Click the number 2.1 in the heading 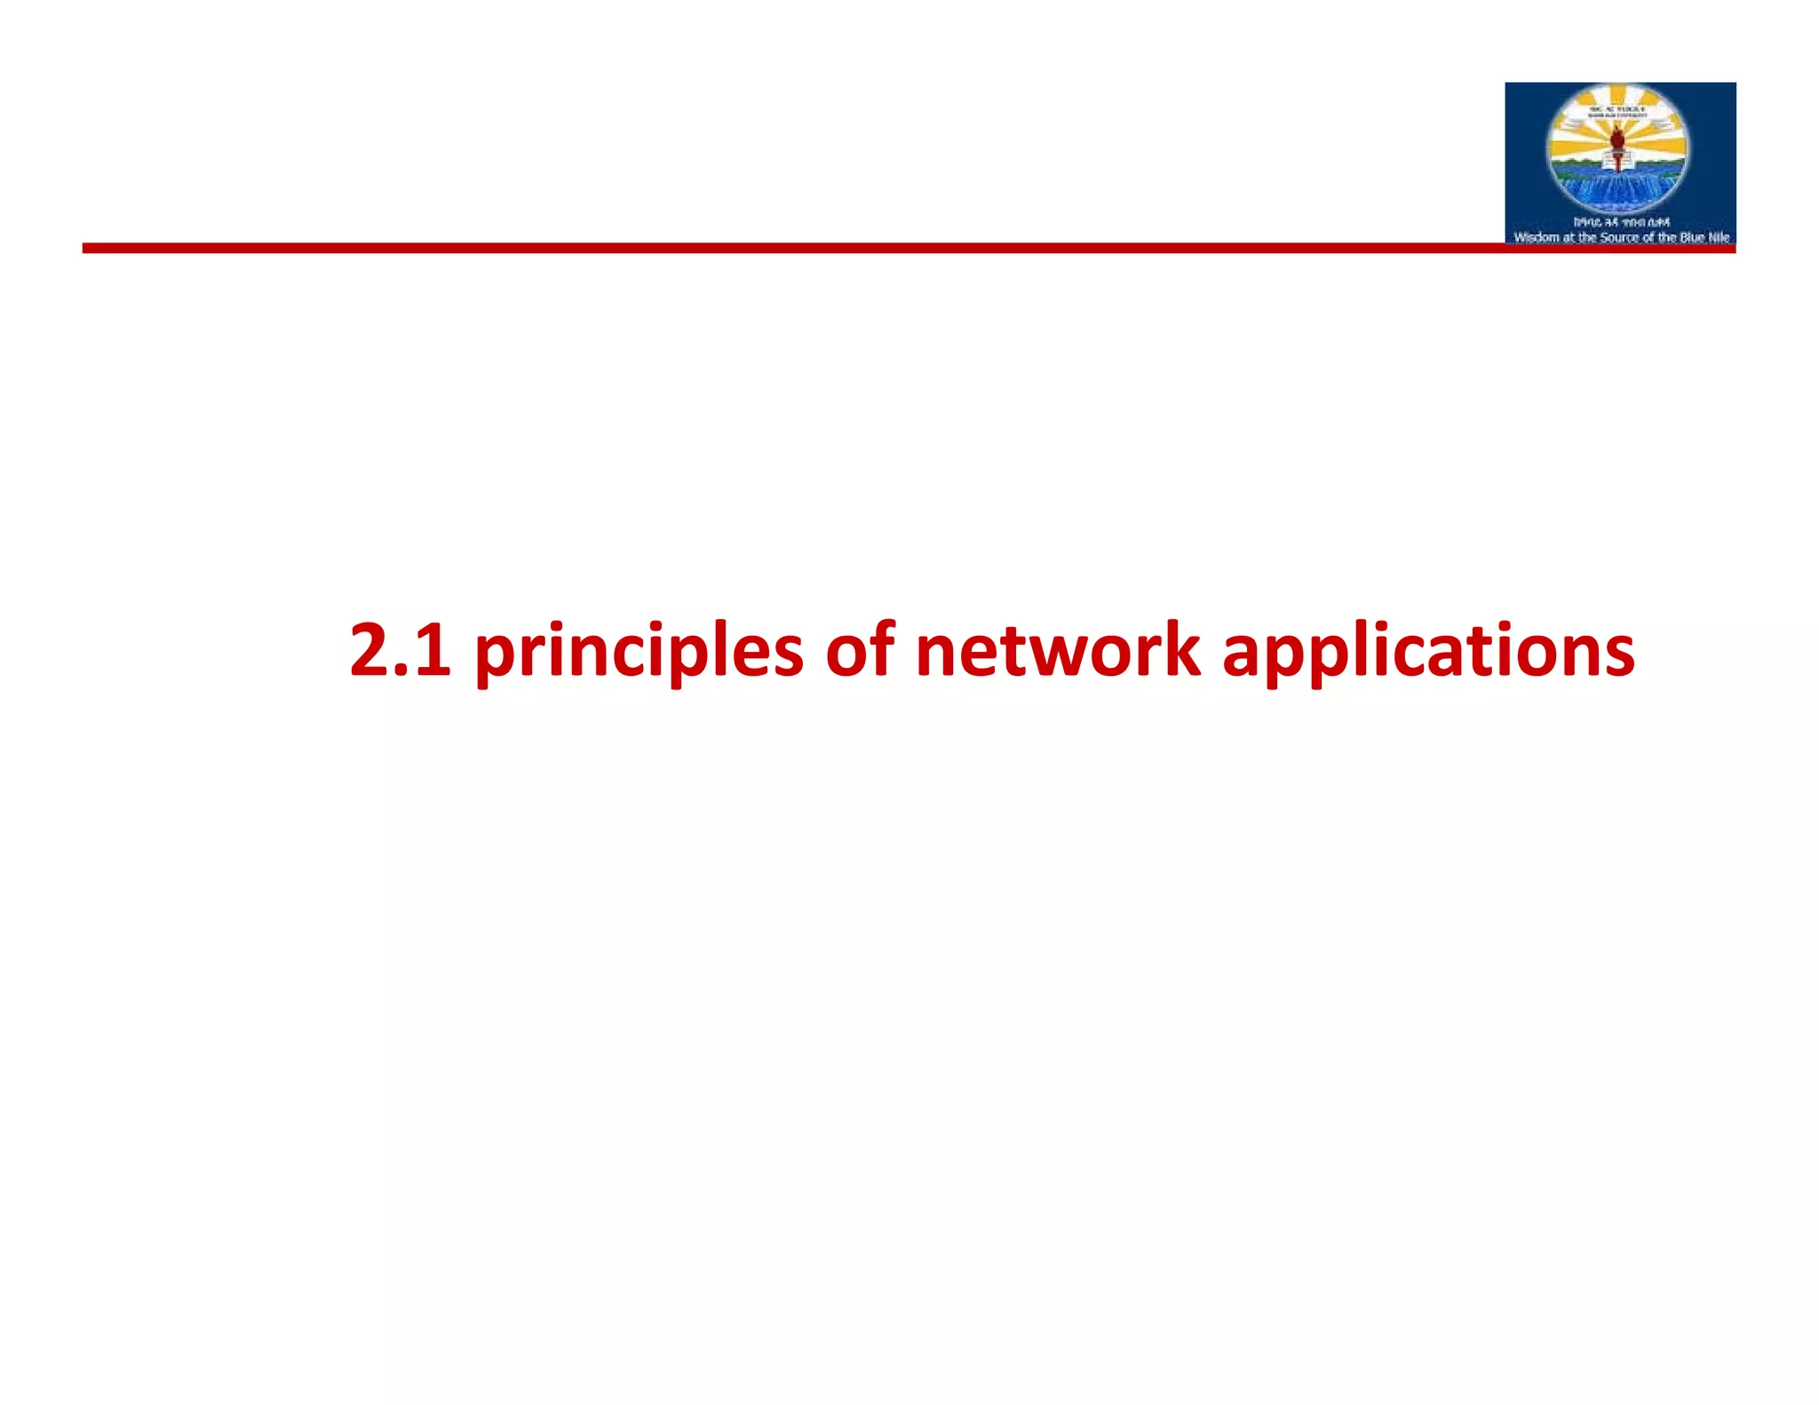pos(400,649)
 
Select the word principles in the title pos(639,651)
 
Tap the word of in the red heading pos(859,649)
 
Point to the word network pos(1057,649)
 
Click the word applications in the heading pos(1428,651)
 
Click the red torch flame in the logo pos(1618,139)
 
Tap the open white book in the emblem pos(1618,161)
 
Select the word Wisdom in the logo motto pos(1536,237)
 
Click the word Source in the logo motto pos(1619,237)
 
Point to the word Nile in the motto pos(1719,237)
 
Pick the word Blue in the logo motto pos(1692,237)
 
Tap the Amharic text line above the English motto pos(1621,222)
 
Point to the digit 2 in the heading pos(368,649)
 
